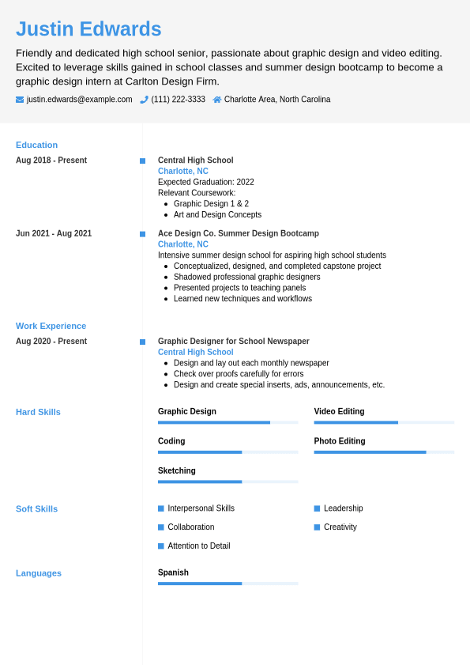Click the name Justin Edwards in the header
click(x=88, y=29)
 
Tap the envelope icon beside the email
click(x=20, y=100)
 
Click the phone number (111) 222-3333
click(x=178, y=100)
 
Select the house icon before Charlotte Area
click(x=217, y=100)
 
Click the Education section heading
click(x=36, y=145)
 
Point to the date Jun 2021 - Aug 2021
click(x=54, y=233)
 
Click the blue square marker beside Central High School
click(x=142, y=161)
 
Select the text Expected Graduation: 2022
click(x=205, y=182)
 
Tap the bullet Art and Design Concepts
click(x=217, y=214)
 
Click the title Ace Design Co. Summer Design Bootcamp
click(x=238, y=233)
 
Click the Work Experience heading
click(x=51, y=326)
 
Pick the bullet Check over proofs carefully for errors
click(x=238, y=374)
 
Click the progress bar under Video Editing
click(x=383, y=422)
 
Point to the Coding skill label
click(x=171, y=441)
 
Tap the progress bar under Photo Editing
click(x=383, y=452)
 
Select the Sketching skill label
click(x=176, y=470)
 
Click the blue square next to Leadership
click(x=317, y=508)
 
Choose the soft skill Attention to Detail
click(x=198, y=546)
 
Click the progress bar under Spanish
click(x=227, y=584)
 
